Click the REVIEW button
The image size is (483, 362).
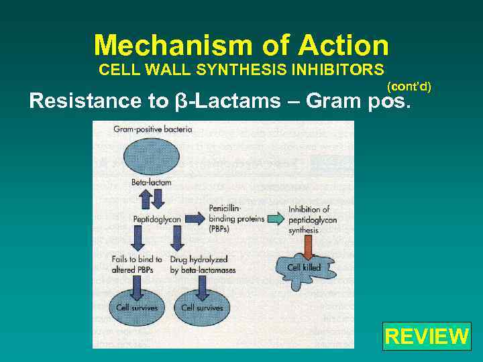[x=427, y=336]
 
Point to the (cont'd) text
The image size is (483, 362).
[x=409, y=86]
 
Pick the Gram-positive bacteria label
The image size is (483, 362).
[x=153, y=129]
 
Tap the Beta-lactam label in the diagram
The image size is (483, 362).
[x=152, y=182]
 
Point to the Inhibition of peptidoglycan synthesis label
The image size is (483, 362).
[x=313, y=220]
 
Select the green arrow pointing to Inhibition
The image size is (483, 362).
[x=275, y=219]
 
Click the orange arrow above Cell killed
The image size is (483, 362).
[x=309, y=247]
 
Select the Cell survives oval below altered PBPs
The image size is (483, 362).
[x=138, y=308]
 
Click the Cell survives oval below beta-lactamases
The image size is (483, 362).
[x=202, y=308]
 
